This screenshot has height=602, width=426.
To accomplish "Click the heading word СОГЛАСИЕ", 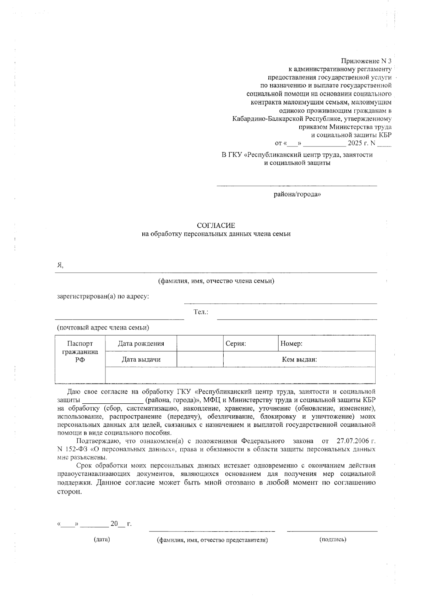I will [216, 226].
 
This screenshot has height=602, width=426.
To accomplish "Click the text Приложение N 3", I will [366, 61].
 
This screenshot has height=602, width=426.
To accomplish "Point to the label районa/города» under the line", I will [297, 194].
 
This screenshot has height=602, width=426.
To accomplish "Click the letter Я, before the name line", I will [60, 265].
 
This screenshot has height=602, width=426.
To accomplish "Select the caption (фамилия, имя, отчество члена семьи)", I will [216, 281].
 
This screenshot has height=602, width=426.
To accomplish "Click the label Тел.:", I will [201, 312].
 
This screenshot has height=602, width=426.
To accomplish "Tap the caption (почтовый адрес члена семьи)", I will [103, 327].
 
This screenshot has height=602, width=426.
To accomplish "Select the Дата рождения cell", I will [141, 343].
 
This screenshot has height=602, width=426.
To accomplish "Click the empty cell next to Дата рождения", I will [200, 343].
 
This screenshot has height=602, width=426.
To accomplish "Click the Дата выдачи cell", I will [141, 359].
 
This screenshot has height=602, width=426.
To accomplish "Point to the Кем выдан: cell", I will [299, 359].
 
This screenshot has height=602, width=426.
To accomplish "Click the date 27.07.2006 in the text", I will [353, 441].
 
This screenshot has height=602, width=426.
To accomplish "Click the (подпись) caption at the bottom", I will [333, 540].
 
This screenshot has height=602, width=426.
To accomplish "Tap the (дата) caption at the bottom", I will [102, 540].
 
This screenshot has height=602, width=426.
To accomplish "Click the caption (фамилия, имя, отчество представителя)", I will [212, 540].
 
